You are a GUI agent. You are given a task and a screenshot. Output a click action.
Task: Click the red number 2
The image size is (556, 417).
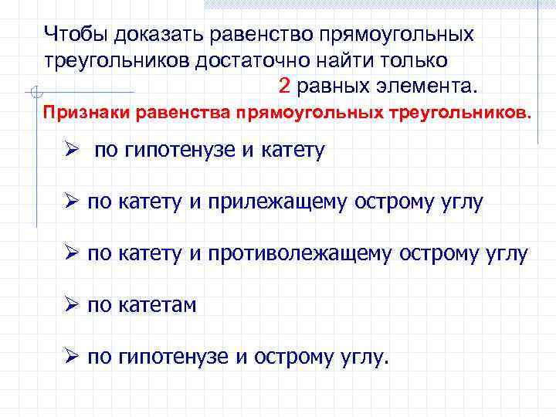pos(283,83)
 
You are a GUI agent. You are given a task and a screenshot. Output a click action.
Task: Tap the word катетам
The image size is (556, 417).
pos(158,305)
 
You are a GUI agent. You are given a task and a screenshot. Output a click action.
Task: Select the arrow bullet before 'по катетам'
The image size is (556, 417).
pos(72,304)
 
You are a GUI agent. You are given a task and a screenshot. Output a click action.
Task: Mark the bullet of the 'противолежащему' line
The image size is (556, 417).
pos(72,253)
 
